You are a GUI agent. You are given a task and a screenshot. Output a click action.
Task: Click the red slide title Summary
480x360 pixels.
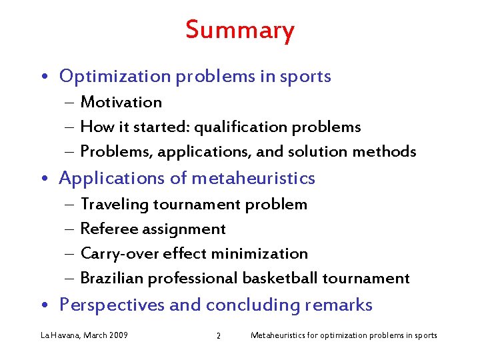(x=239, y=31)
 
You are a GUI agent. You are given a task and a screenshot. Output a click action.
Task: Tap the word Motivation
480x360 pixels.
(x=121, y=102)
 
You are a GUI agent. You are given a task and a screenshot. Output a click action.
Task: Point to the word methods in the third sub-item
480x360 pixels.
(x=385, y=152)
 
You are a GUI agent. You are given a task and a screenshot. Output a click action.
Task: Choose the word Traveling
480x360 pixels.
(x=114, y=205)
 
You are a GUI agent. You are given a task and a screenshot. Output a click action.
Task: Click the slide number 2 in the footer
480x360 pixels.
(x=218, y=335)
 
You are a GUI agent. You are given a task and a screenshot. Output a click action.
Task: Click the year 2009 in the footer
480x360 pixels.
(x=117, y=335)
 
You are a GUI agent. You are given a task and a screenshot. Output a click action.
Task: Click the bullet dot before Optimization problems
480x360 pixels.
(x=50, y=77)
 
